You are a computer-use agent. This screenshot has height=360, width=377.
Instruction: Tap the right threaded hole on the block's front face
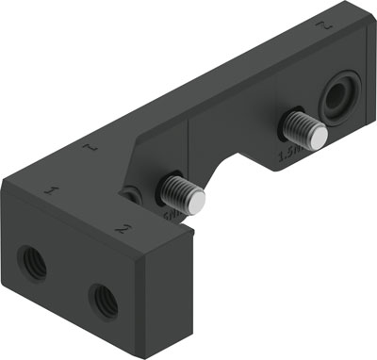click(103, 300)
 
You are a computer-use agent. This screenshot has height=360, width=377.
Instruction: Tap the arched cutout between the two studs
click(242, 155)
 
